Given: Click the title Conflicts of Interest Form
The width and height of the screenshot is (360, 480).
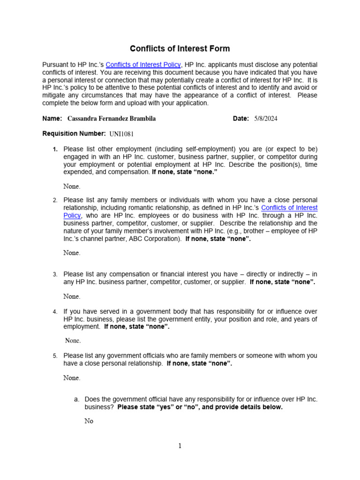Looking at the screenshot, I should [x=180, y=49].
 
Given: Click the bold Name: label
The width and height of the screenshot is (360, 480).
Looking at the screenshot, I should [x=52, y=119].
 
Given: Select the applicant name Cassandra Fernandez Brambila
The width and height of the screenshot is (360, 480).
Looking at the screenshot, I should [x=112, y=119].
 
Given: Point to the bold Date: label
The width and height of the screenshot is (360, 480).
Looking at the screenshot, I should [x=240, y=119].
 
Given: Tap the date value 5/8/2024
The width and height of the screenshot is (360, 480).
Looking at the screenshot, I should [x=266, y=119].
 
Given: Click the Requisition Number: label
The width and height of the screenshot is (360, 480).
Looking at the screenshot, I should [x=74, y=134].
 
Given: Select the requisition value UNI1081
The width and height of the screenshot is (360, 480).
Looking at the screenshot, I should [x=121, y=134].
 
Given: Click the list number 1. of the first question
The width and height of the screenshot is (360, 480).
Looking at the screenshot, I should [x=55, y=150].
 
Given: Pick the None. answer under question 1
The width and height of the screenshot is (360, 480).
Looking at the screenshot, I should [x=72, y=187].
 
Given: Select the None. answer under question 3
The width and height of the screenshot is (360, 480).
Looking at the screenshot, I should [x=72, y=296].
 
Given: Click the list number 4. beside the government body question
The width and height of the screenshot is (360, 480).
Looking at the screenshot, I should [x=55, y=312].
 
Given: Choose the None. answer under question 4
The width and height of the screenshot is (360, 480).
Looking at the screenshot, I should [x=73, y=340].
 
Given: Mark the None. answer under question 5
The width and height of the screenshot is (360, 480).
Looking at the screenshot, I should [x=72, y=378].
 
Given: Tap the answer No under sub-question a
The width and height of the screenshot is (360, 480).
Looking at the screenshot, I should [x=89, y=421].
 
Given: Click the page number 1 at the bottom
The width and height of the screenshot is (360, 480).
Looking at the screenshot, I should [x=180, y=446].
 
